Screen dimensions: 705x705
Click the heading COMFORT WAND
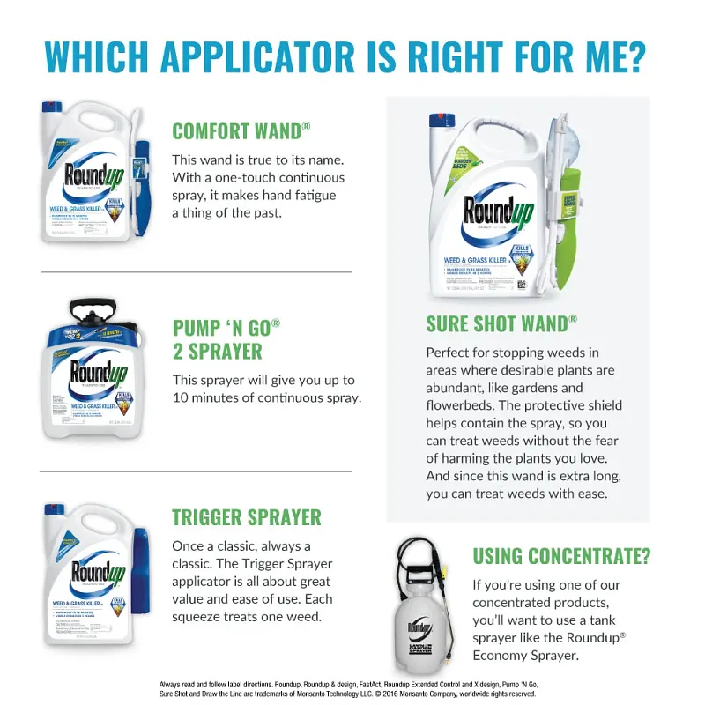236,131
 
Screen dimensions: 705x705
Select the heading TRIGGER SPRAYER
247,517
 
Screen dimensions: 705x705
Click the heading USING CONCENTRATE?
561,557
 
